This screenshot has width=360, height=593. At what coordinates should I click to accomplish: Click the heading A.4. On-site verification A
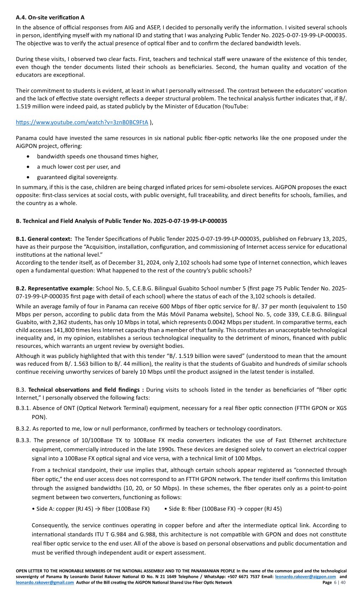pos(50,17)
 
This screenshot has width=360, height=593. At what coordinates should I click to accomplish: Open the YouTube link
pos(82,122)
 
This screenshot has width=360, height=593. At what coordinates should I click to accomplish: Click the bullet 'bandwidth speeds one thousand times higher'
pos(97,156)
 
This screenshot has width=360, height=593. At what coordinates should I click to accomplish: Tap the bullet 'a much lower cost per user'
pos(78,167)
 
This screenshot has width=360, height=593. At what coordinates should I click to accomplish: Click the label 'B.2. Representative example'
pos(54,288)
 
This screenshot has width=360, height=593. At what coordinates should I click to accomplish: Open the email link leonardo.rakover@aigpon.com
pos(305,577)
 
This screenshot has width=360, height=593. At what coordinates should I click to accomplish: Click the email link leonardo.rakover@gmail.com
pos(47,583)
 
